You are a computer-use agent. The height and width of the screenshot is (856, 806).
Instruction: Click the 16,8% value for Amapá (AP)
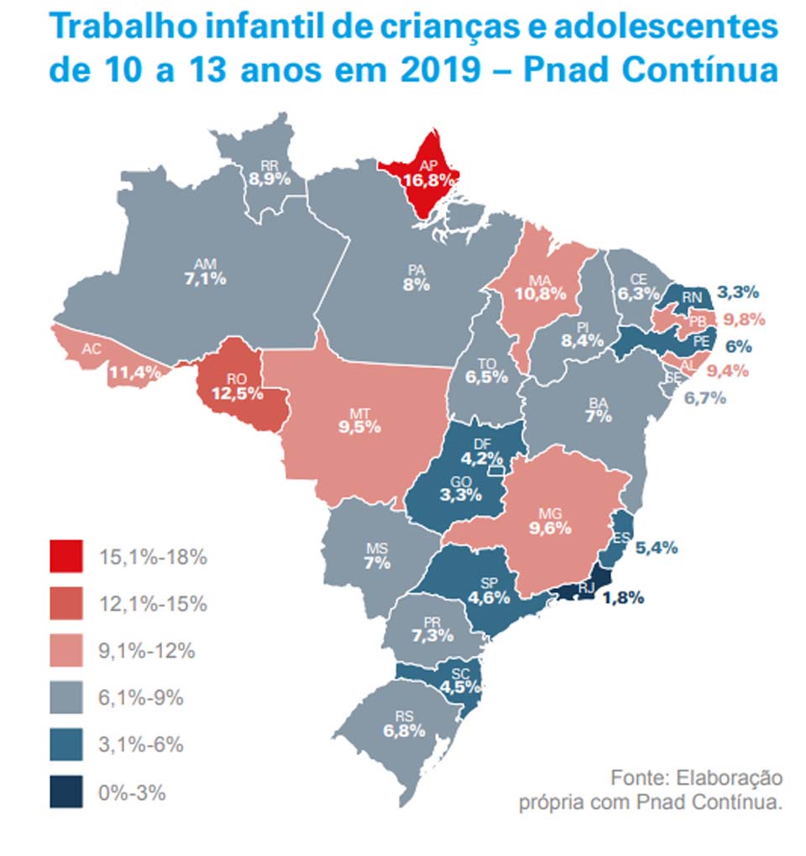(x=428, y=180)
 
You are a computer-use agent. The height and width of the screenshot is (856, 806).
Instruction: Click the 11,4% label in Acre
(x=134, y=373)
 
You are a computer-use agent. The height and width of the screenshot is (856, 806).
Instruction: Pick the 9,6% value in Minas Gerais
(x=550, y=528)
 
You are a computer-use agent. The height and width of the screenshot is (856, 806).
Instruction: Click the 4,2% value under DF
(x=483, y=459)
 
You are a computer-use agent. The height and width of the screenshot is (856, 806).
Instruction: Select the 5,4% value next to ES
(x=657, y=548)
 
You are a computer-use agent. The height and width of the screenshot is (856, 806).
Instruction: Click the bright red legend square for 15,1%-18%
(x=66, y=557)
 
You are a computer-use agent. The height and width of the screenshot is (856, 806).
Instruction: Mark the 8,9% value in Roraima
(x=270, y=179)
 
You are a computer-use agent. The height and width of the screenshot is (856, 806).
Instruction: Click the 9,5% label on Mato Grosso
(x=360, y=427)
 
